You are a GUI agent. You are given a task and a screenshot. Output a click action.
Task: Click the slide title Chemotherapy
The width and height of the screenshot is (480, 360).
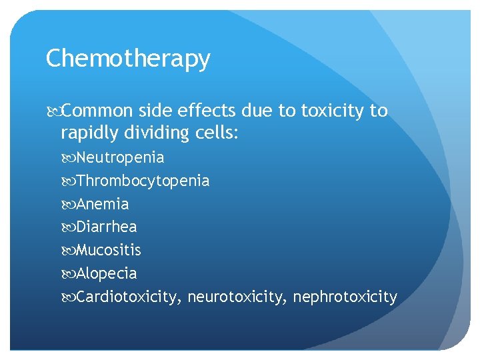tap(128, 59)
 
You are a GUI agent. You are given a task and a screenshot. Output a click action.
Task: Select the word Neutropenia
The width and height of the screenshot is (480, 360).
tap(120, 158)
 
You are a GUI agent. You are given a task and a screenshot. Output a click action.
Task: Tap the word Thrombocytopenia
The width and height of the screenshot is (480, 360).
tap(143, 181)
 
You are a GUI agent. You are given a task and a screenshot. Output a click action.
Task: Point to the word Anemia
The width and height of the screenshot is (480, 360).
tap(103, 204)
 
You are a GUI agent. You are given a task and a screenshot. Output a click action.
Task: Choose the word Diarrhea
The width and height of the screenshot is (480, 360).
tap(107, 227)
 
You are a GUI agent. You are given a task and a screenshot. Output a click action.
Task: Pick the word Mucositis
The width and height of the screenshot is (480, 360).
tap(109, 251)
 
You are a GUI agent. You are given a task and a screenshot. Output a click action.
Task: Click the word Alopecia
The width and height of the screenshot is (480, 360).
tap(107, 273)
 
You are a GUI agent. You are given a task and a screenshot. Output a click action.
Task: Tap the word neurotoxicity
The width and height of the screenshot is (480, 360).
tap(237, 297)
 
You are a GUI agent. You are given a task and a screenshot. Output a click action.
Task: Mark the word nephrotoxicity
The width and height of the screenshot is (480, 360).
tap(345, 297)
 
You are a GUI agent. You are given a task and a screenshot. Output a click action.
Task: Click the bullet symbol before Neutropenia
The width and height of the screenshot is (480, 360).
tap(70, 158)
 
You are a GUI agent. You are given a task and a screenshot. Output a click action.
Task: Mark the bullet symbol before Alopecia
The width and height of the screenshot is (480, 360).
tap(70, 273)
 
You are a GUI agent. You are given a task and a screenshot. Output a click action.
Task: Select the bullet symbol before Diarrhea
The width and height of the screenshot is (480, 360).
tap(70, 227)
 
